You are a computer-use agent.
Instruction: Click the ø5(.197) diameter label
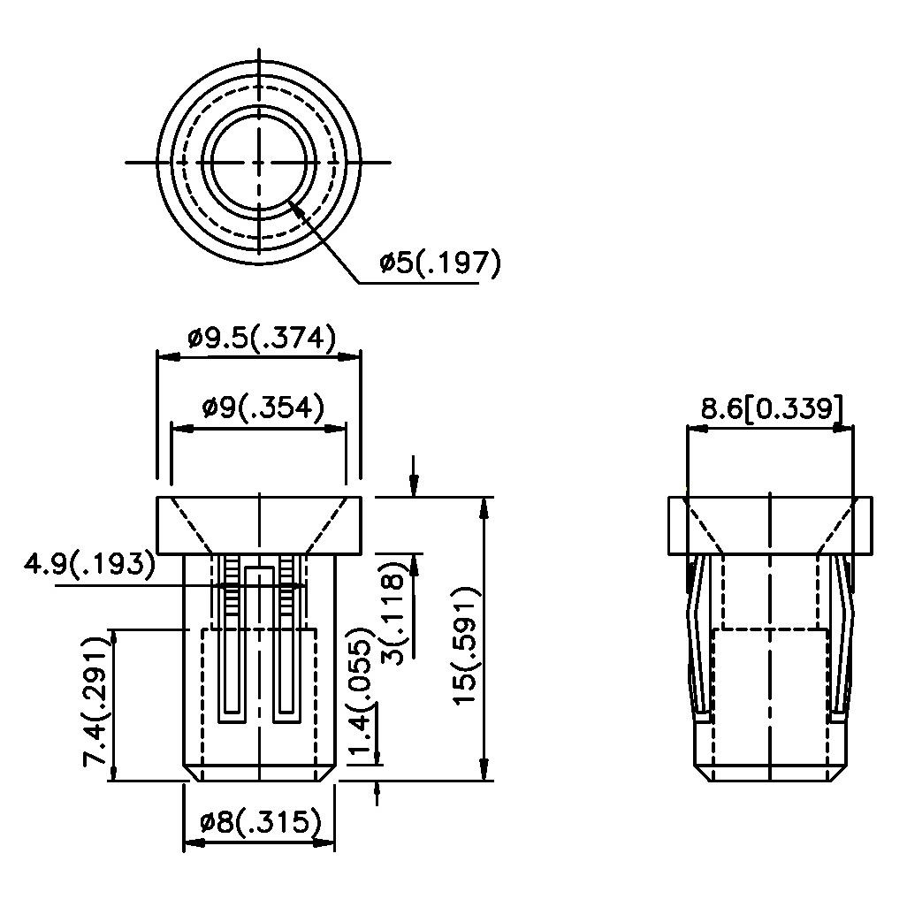click(439, 263)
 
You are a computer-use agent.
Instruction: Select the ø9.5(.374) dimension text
click(262, 339)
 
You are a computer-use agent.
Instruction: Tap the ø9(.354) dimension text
click(263, 408)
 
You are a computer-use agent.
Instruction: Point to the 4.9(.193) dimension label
click(89, 564)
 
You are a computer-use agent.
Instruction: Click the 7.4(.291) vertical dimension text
click(96, 702)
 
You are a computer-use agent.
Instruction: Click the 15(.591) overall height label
click(466, 645)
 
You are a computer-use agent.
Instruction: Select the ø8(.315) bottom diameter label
click(260, 821)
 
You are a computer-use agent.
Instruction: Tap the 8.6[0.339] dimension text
click(772, 408)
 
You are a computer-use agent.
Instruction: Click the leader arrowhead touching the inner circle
click(296, 207)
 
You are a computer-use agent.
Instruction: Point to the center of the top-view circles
click(258, 163)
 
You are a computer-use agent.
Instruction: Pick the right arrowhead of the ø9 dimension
click(336, 430)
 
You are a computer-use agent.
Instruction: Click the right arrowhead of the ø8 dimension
click(324, 844)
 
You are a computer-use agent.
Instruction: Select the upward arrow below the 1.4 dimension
click(377, 792)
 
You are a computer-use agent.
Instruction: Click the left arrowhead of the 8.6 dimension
click(697, 429)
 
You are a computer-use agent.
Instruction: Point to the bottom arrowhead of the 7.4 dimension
click(114, 771)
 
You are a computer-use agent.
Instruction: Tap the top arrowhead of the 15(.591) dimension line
click(484, 508)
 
